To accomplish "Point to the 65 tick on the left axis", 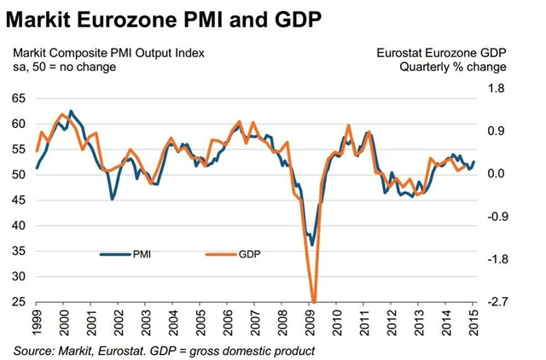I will coord(19,99).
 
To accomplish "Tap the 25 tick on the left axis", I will coord(19,302).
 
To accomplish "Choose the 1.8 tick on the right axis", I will coord(497,89).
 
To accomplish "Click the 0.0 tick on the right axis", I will coord(497,174).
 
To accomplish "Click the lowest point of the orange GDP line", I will coord(314,301).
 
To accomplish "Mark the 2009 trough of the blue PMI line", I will coord(312,245).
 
